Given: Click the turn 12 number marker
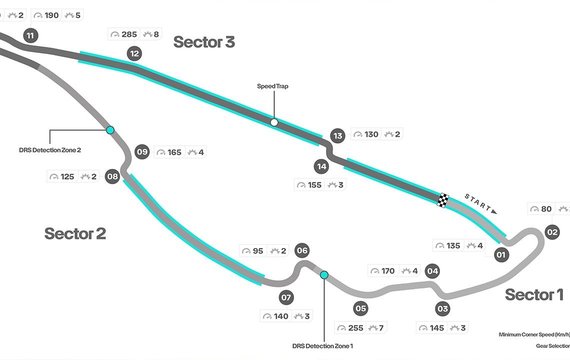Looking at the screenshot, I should [x=134, y=53].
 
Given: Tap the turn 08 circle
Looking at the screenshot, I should [x=112, y=176].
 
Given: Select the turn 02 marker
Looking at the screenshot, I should [x=552, y=232].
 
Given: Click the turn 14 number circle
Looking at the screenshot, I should [x=321, y=166].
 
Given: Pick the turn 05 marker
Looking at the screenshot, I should [x=360, y=308].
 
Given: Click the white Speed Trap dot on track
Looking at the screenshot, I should [x=274, y=122].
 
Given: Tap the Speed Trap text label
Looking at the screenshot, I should [x=272, y=86].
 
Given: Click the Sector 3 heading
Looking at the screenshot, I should [x=204, y=42].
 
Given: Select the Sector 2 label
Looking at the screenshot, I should [x=75, y=233].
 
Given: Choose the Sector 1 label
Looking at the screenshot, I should [x=534, y=294].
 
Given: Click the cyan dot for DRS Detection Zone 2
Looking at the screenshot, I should [x=110, y=130].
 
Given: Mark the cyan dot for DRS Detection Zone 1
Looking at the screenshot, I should [x=324, y=274].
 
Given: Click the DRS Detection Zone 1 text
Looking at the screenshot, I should [x=322, y=346].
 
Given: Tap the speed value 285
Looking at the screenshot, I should [x=129, y=34].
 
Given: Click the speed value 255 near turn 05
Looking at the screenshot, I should [x=356, y=328].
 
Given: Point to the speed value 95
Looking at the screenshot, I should [x=257, y=251].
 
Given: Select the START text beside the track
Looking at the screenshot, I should [x=478, y=201].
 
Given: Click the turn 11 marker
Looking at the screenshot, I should [x=30, y=35].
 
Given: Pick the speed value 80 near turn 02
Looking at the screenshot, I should [x=546, y=209].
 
